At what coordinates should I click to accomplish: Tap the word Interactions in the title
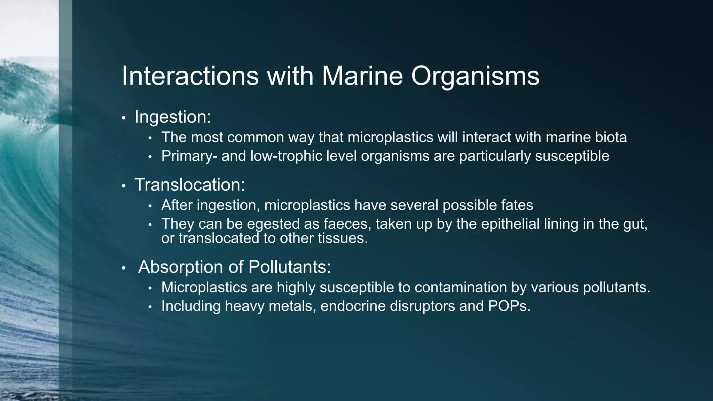[x=190, y=76]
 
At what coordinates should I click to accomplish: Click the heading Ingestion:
[x=173, y=117]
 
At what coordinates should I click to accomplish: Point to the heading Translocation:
[x=190, y=184]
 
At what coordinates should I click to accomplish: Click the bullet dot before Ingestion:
[x=123, y=118]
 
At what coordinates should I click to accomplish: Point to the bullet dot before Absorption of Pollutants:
[x=123, y=268]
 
